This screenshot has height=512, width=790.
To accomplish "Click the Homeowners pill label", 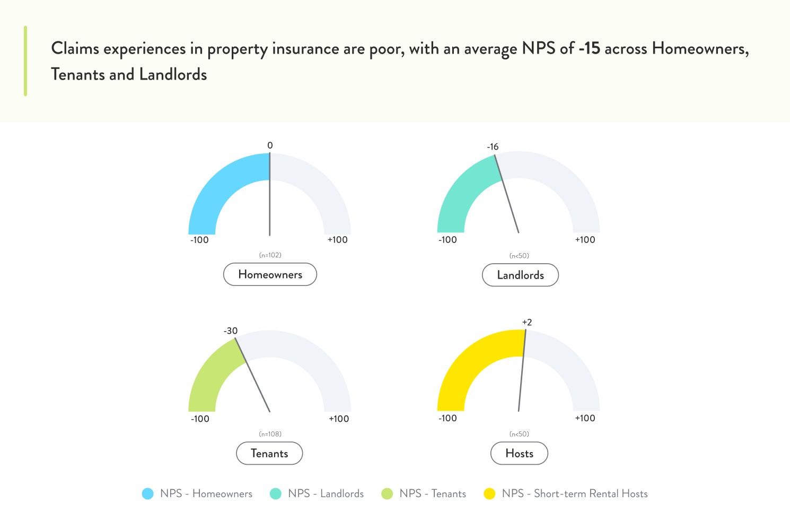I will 270,274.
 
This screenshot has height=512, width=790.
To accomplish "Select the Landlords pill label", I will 520,275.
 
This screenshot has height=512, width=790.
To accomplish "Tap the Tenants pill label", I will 269,454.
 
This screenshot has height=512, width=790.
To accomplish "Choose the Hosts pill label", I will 519,454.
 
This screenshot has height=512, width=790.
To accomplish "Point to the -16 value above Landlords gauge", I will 493,147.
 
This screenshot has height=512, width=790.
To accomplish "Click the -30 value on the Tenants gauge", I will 231,331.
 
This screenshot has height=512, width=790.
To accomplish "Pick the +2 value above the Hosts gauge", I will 527,323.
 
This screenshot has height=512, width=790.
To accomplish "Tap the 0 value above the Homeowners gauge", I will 270,145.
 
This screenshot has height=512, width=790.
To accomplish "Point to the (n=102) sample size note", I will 270,255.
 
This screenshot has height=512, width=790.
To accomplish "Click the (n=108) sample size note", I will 270,434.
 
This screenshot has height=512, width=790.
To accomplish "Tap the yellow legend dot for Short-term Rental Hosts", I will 489,494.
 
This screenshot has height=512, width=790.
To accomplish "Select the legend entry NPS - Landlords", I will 326,494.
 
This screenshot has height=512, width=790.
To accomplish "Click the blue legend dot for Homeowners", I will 148,494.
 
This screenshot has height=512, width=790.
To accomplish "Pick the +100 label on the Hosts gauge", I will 585,418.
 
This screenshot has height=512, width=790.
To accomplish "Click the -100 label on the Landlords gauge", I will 447,240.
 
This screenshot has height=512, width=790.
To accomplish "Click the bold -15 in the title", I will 589,49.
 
